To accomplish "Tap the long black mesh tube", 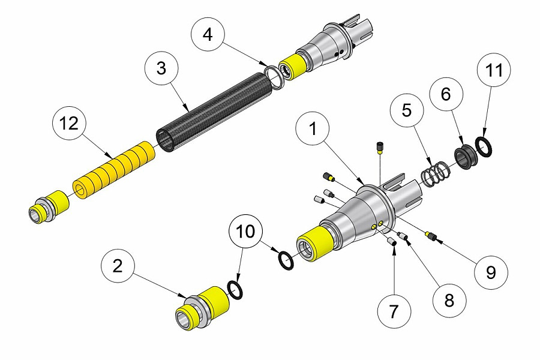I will (210, 108).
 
